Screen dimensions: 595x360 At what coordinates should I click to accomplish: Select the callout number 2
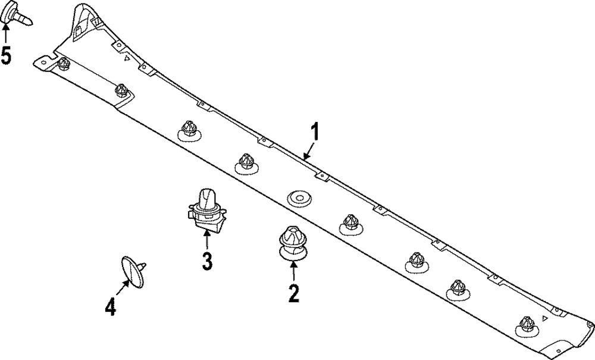click(x=293, y=293)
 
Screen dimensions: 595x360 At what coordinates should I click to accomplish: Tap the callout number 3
click(x=207, y=261)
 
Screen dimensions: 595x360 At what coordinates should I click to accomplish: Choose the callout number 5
click(x=6, y=55)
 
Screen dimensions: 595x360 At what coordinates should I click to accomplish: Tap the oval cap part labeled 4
click(x=133, y=272)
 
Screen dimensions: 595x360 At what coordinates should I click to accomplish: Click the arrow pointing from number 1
click(x=309, y=150)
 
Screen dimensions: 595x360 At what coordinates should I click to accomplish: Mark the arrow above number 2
click(x=293, y=270)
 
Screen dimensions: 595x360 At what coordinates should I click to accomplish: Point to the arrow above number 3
click(x=207, y=239)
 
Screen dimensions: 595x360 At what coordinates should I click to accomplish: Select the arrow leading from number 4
click(x=122, y=287)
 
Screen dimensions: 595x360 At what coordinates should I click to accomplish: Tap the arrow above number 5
click(x=6, y=33)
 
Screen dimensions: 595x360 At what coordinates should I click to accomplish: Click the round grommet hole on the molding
click(x=299, y=198)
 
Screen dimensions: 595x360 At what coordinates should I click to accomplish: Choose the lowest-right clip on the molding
click(x=527, y=325)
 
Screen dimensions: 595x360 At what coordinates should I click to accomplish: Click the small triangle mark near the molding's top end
click(x=127, y=58)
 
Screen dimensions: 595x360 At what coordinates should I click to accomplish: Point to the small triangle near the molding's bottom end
click(x=545, y=319)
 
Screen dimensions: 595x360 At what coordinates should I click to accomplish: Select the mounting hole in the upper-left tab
click(x=43, y=62)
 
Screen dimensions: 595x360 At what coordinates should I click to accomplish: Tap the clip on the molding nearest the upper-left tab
click(x=64, y=63)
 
